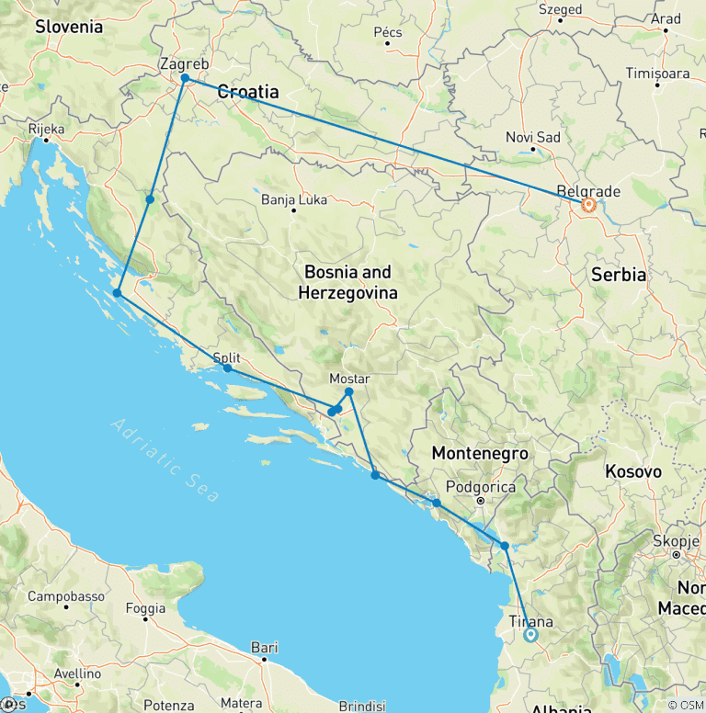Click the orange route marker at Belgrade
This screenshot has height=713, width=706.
pos(588,205)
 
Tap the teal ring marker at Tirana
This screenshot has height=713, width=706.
pos(530,634)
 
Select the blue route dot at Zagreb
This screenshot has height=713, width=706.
pos(185,79)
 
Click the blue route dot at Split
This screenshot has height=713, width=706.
pos(227,368)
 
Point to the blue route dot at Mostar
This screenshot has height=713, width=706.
pos(349,392)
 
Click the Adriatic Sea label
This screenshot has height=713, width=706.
pos(165,460)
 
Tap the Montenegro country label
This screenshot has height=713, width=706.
pos(479,453)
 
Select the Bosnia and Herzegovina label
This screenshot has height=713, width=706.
pos(347,282)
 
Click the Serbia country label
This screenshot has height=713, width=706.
pos(620,275)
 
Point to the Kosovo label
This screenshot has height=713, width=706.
pos(632,471)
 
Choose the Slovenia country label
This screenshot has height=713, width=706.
pos(69,27)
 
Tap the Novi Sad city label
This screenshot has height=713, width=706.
pos(532,137)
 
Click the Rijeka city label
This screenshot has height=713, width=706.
pos(46,129)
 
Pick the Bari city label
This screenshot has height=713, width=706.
pos(264,647)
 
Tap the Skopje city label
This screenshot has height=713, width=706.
pos(678,540)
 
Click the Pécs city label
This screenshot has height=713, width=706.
pos(388,32)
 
